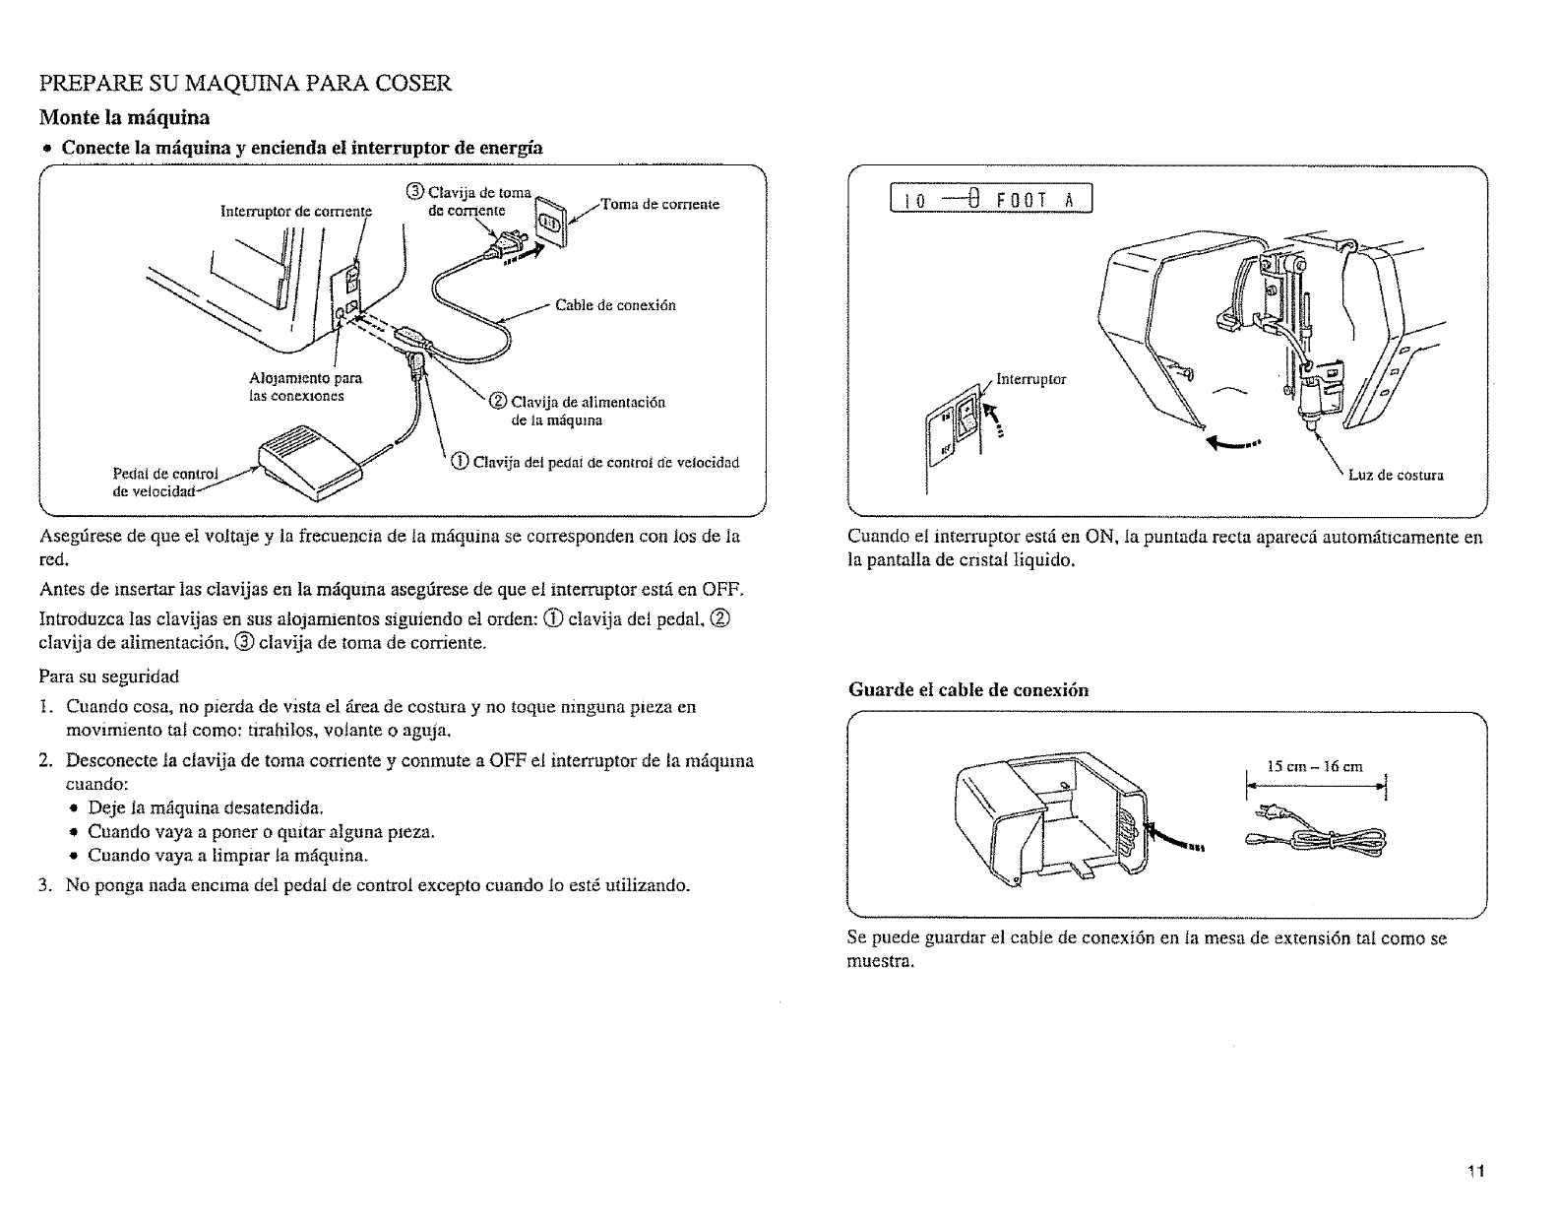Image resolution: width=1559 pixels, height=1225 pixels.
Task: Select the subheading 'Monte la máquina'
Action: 124,118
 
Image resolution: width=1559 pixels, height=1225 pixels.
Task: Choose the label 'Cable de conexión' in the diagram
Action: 615,305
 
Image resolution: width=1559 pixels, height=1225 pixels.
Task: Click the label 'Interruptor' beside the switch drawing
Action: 1030,378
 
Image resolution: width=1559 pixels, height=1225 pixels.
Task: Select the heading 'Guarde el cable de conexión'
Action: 968,689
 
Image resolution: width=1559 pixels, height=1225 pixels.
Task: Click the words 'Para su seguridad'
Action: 108,677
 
